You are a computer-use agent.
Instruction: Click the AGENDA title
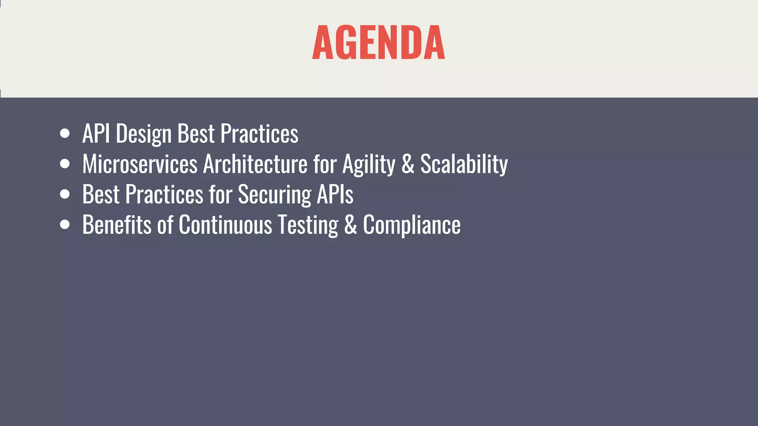pyautogui.click(x=378, y=43)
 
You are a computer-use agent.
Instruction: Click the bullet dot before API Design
pyautogui.click(x=65, y=133)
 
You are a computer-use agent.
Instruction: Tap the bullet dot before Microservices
pyautogui.click(x=65, y=164)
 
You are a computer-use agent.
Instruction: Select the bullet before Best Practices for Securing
pyautogui.click(x=65, y=194)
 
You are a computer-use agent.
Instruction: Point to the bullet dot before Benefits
pyautogui.click(x=65, y=224)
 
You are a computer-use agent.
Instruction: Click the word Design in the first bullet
pyautogui.click(x=144, y=134)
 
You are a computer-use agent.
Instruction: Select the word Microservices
pyautogui.click(x=140, y=164)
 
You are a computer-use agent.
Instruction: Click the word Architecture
pyautogui.click(x=255, y=164)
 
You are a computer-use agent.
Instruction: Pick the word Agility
pyautogui.click(x=369, y=165)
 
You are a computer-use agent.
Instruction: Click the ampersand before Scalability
pyautogui.click(x=407, y=164)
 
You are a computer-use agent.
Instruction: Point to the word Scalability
pyautogui.click(x=464, y=164)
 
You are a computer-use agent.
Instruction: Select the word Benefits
pyautogui.click(x=117, y=224)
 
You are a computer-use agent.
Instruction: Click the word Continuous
pyautogui.click(x=225, y=224)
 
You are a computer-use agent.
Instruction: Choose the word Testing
pyautogui.click(x=308, y=225)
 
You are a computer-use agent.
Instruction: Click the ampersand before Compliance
pyautogui.click(x=350, y=224)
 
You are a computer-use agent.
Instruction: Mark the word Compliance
pyautogui.click(x=412, y=225)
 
